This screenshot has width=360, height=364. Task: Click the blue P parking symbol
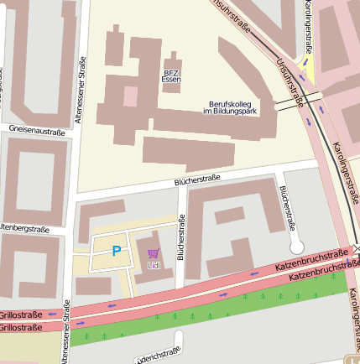pyautogui.click(x=117, y=250)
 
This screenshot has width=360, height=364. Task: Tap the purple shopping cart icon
pyautogui.click(x=153, y=252)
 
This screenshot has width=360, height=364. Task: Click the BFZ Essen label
pyautogui.click(x=171, y=75)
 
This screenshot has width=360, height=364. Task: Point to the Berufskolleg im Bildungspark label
pyautogui.click(x=231, y=107)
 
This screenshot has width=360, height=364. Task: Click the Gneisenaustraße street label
pyautogui.click(x=35, y=131)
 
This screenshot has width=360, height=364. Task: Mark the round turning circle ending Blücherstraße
pyautogui.click(x=295, y=247)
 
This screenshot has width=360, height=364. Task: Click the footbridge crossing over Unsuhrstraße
pyautogui.click(x=290, y=103)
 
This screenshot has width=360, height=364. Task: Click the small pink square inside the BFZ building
pyautogui.click(x=130, y=96)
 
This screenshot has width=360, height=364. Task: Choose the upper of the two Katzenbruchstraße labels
pyautogui.click(x=311, y=261)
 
